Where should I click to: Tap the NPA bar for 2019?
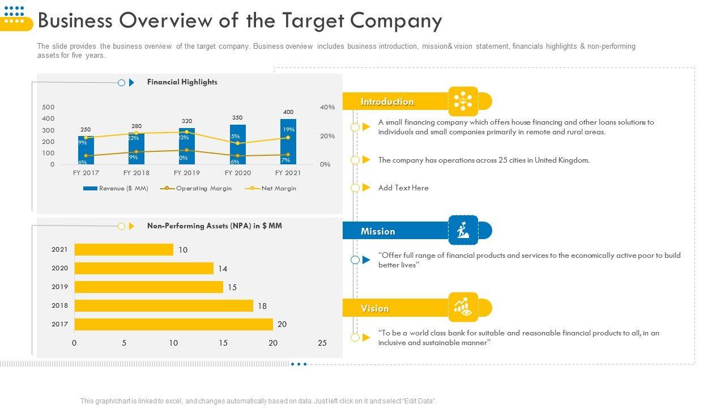tap(149, 287)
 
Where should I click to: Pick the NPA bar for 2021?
tap(124, 249)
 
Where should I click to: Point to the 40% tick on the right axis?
tap(327, 107)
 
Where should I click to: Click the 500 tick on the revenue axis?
tap(49, 107)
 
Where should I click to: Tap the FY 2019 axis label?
tap(187, 173)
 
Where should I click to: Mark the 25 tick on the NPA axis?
tap(322, 343)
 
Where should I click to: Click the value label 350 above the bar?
tap(237, 118)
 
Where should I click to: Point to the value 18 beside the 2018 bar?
tap(262, 306)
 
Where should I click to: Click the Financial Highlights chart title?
tap(182, 82)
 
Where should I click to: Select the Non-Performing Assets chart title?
tap(214, 226)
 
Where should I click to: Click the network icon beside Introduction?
tap(463, 101)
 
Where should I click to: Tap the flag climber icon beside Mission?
tap(463, 230)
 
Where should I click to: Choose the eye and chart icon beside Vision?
tap(463, 307)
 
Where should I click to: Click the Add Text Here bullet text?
tap(403, 188)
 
